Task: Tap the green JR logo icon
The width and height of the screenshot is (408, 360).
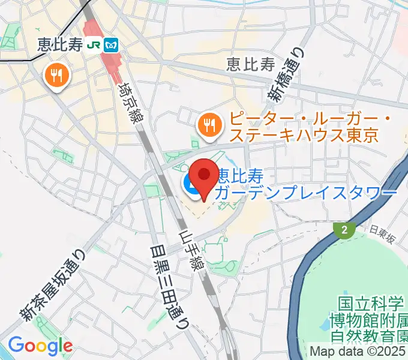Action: coord(94,44)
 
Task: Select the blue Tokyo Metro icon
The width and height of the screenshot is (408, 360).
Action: coord(111,44)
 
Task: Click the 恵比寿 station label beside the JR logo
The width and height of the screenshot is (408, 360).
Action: coord(59,44)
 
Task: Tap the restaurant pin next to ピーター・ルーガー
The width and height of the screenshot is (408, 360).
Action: coord(208,125)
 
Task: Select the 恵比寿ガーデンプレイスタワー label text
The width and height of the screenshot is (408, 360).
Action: coord(306,184)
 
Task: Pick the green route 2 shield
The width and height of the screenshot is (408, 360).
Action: coord(343,230)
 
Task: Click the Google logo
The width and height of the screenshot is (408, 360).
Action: coord(40,346)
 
